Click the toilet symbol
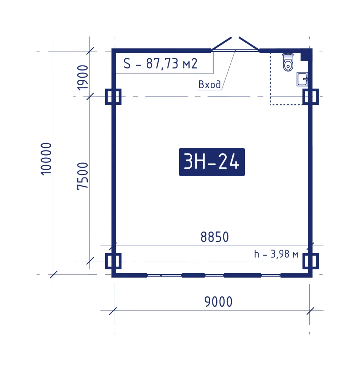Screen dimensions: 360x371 (288, 62)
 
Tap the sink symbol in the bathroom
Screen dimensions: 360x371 (302, 79)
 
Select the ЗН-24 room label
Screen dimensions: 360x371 (212, 162)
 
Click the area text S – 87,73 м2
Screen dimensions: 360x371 (160, 64)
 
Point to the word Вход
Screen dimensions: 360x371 (209, 85)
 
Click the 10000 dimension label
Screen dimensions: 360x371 (46, 159)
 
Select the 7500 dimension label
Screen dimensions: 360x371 (83, 176)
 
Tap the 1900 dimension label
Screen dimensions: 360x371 (83, 78)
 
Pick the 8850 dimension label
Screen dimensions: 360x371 (215, 237)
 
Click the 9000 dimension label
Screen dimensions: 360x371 (218, 302)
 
